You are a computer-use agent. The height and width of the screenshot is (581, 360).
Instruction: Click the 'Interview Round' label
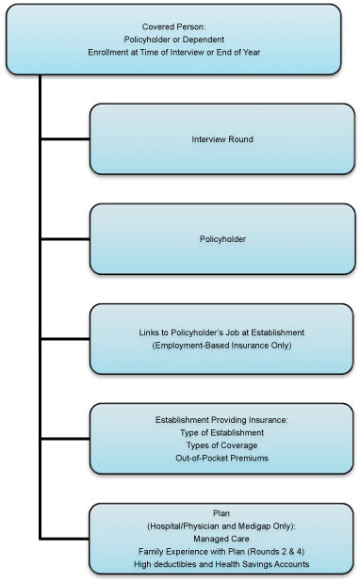pyautogui.click(x=221, y=139)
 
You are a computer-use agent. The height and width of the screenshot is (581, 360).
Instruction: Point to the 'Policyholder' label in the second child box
pyautogui.click(x=221, y=240)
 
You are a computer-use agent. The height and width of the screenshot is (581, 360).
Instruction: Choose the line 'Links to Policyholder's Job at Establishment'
pyautogui.click(x=221, y=333)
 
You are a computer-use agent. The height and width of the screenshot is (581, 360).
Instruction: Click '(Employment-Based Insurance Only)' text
pyautogui.click(x=221, y=347)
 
